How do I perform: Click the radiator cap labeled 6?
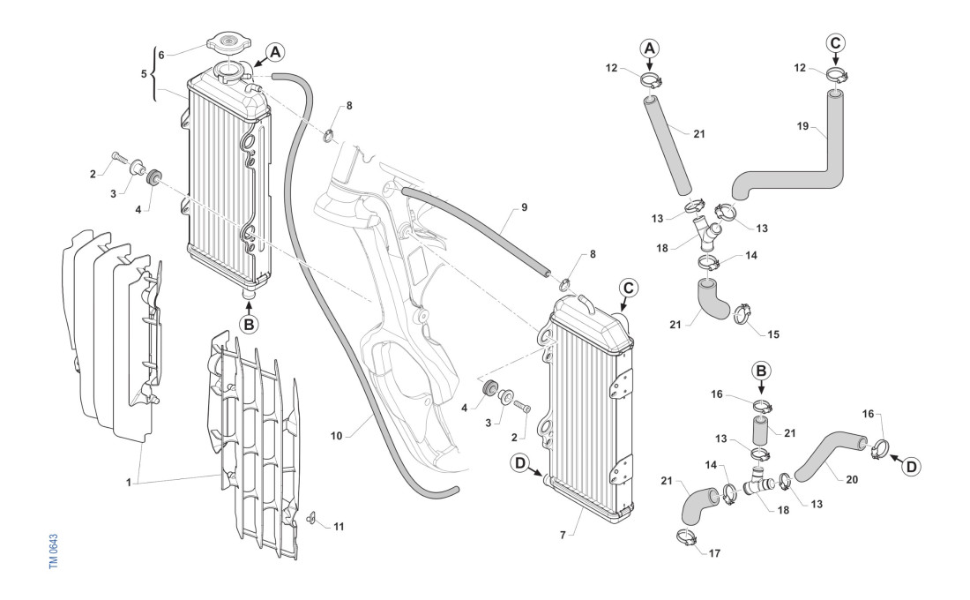point(228,42)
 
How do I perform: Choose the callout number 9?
point(524,208)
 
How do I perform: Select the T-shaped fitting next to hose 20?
point(757,484)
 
